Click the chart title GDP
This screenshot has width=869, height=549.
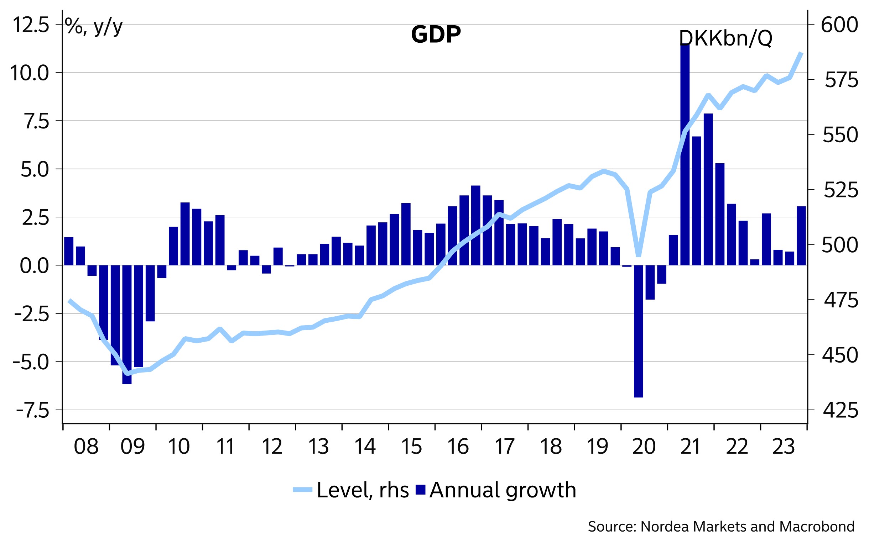point(436,35)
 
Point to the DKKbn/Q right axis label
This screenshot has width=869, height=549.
point(725,38)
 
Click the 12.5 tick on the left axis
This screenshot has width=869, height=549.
point(31,25)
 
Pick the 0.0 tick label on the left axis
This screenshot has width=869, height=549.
point(34,266)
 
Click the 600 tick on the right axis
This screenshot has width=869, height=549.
point(839,25)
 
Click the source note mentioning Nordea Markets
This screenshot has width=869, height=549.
point(721,527)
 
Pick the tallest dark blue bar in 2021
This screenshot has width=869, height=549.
point(685,155)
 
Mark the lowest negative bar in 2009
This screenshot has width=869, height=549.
point(127,324)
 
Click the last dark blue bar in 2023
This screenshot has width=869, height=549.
point(801,236)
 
